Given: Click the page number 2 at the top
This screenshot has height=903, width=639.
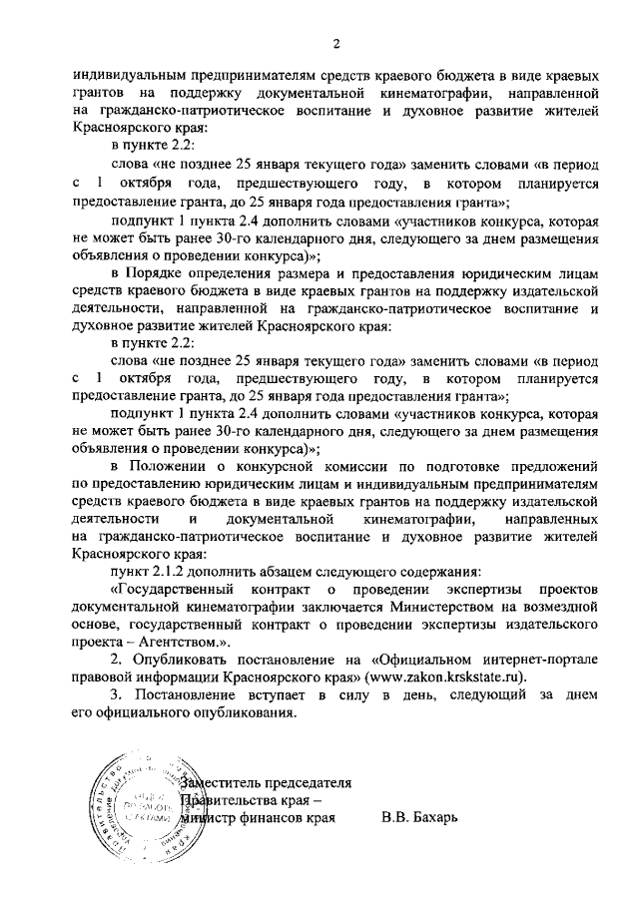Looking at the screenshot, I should click(336, 42).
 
